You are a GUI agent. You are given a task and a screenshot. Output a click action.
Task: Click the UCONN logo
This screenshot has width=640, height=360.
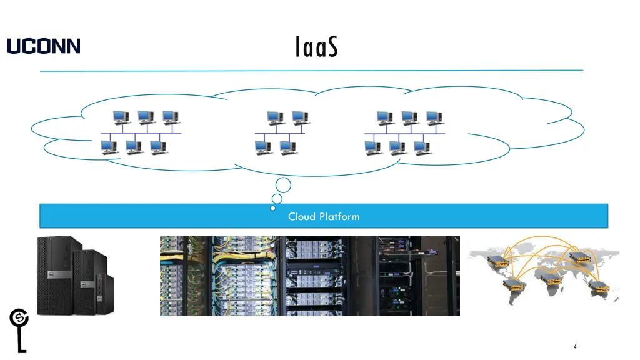pos(44,46)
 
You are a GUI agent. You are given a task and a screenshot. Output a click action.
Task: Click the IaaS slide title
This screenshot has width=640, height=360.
pos(316,47)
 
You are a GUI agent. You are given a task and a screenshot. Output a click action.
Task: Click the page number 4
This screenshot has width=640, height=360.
pos(575,347)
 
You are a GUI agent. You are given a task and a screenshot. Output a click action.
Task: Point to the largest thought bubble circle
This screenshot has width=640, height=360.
pos(283,185)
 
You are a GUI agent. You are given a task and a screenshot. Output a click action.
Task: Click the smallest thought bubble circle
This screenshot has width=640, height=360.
pos(273,208)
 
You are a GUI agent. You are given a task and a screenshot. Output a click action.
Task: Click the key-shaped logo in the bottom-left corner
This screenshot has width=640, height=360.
pos(19,328)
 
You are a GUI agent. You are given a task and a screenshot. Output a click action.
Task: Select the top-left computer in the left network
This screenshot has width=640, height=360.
pos(121,117)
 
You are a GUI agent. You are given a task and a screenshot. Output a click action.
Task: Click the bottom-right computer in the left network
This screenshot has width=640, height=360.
pos(159,147)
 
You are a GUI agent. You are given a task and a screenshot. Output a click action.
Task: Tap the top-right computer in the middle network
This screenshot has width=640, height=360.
pos(301,117)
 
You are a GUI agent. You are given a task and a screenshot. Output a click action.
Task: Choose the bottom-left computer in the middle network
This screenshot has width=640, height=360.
pos(263,147)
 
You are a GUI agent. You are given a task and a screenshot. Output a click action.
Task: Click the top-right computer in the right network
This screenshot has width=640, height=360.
pos(434,117)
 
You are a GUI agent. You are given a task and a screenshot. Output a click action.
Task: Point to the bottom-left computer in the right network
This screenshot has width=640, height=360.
pos(373,147)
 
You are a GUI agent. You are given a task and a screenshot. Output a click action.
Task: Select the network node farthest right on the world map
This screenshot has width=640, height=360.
pos(598,287)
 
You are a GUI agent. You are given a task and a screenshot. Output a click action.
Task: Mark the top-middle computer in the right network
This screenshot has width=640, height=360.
pos(409,117)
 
